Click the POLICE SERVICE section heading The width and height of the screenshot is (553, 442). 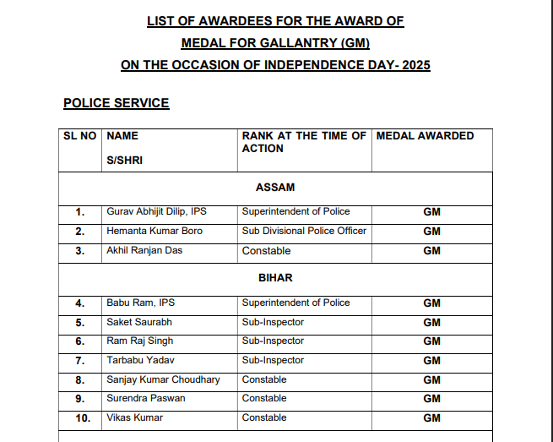point(116,103)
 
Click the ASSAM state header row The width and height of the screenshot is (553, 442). point(275,187)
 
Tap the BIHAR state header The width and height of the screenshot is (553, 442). point(275,277)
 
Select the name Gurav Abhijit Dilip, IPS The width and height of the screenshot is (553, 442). point(157,211)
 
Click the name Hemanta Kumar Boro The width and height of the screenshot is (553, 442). point(155,231)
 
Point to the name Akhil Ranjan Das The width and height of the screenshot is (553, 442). point(144,250)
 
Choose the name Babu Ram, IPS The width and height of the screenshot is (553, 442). point(140,303)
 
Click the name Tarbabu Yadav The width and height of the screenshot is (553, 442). point(141,360)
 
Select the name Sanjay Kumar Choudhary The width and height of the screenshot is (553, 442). point(163,379)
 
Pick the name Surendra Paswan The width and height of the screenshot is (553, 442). point(145,398)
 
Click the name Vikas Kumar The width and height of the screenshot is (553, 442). point(134,417)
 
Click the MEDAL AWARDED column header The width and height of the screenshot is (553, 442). point(425,135)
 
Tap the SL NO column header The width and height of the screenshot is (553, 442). point(80,135)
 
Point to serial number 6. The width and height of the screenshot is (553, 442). point(80,341)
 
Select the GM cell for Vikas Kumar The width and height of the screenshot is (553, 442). point(431,417)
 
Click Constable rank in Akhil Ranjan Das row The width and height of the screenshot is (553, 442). point(266,250)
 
